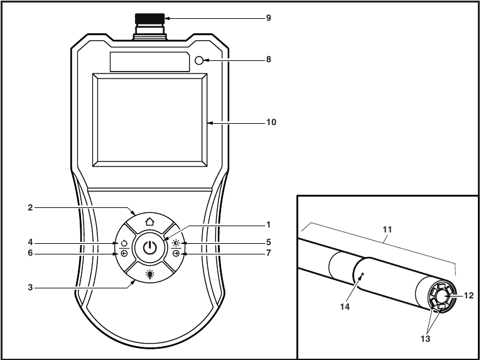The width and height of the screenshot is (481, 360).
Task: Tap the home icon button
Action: (149, 222)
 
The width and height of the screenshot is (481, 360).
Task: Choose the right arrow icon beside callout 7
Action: (175, 254)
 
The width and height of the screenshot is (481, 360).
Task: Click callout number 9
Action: (268, 18)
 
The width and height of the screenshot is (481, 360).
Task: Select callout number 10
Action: (271, 122)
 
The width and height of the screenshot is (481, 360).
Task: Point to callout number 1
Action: (268, 224)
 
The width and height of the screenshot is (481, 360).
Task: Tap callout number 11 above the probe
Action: (387, 231)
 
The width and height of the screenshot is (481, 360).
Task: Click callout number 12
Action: (470, 295)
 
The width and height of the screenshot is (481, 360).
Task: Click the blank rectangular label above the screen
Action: (149, 62)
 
